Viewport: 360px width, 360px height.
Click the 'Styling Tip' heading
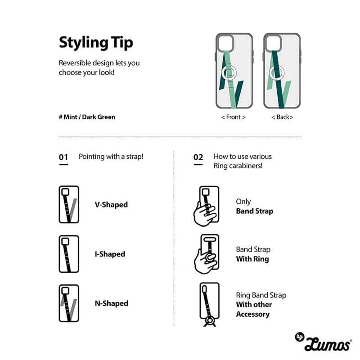coord(96,43)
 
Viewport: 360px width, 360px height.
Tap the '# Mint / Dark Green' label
coord(87,117)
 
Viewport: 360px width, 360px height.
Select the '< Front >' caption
coord(233,117)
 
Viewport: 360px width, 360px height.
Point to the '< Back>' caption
coord(282,117)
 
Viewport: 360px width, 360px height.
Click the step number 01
coord(63,157)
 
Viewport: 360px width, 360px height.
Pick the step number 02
coord(198,157)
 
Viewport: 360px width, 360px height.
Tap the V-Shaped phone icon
coord(69,204)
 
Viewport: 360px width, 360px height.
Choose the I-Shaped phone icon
coord(69,254)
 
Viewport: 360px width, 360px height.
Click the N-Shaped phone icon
coord(69,303)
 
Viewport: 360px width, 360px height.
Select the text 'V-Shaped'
coord(111,205)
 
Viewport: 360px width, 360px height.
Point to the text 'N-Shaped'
coord(112,303)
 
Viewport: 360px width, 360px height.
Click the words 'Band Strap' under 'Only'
coord(255,211)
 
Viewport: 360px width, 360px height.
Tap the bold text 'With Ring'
coord(252,259)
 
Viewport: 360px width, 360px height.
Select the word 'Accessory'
coord(253,314)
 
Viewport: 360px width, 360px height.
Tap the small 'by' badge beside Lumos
coord(299,337)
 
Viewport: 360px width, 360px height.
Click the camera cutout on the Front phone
coord(225,43)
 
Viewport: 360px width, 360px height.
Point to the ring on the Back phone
coord(277,72)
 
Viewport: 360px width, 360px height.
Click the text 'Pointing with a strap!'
coord(111,157)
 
